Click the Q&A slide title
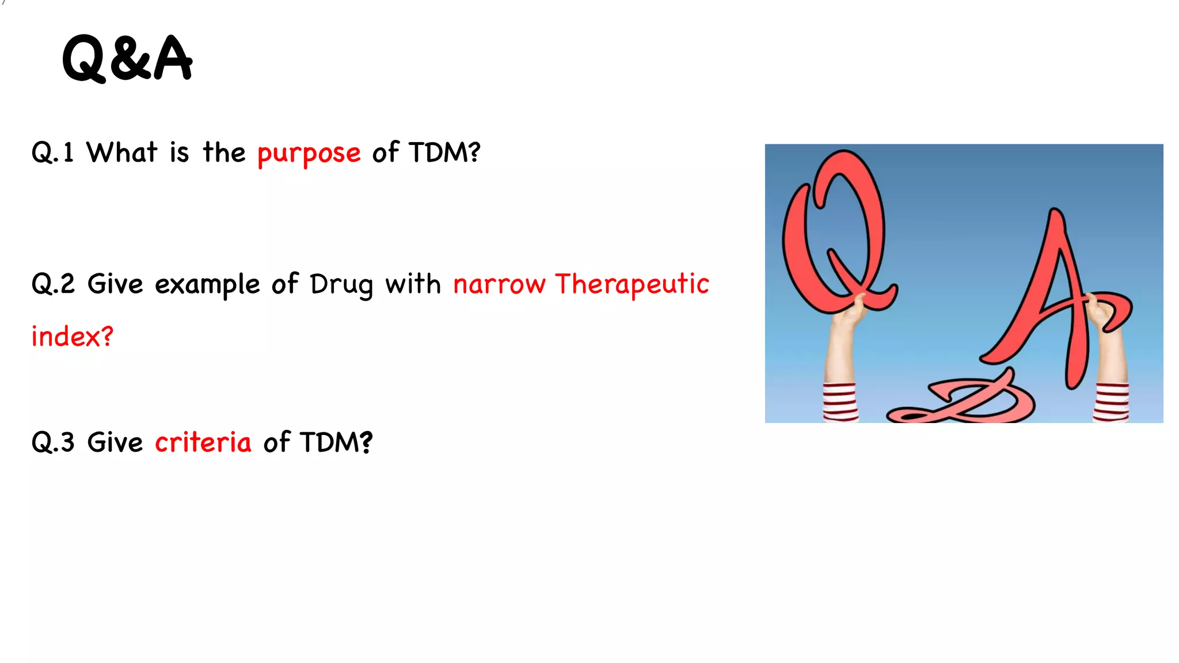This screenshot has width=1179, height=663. click(127, 58)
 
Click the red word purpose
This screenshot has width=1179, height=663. click(309, 154)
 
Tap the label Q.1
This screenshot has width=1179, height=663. click(53, 153)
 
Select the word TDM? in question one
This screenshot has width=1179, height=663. click(444, 153)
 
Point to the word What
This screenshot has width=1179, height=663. click(121, 153)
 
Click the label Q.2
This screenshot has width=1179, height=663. click(53, 284)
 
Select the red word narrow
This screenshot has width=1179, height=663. click(499, 284)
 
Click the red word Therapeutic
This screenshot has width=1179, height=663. click(632, 284)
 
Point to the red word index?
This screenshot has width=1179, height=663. click(73, 337)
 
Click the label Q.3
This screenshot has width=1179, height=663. click(53, 443)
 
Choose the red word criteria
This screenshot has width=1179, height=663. click(203, 443)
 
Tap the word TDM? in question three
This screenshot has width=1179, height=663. click(336, 443)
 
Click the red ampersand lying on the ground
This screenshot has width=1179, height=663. click(967, 400)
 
